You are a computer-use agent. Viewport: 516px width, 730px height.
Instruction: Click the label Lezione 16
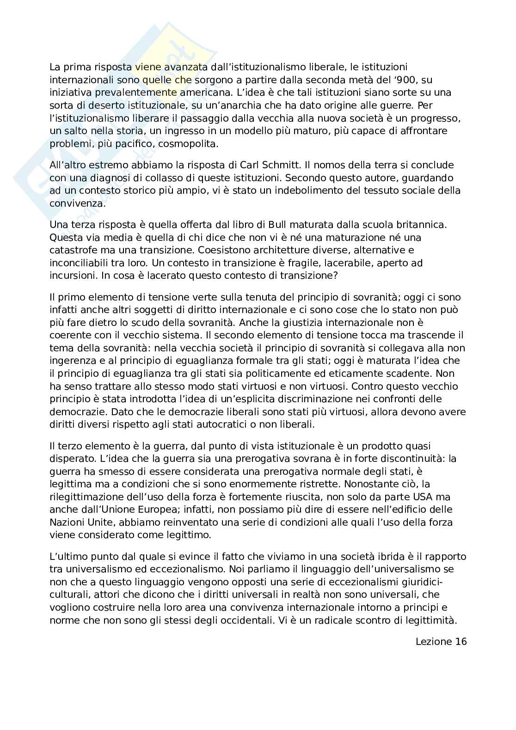pos(441,641)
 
